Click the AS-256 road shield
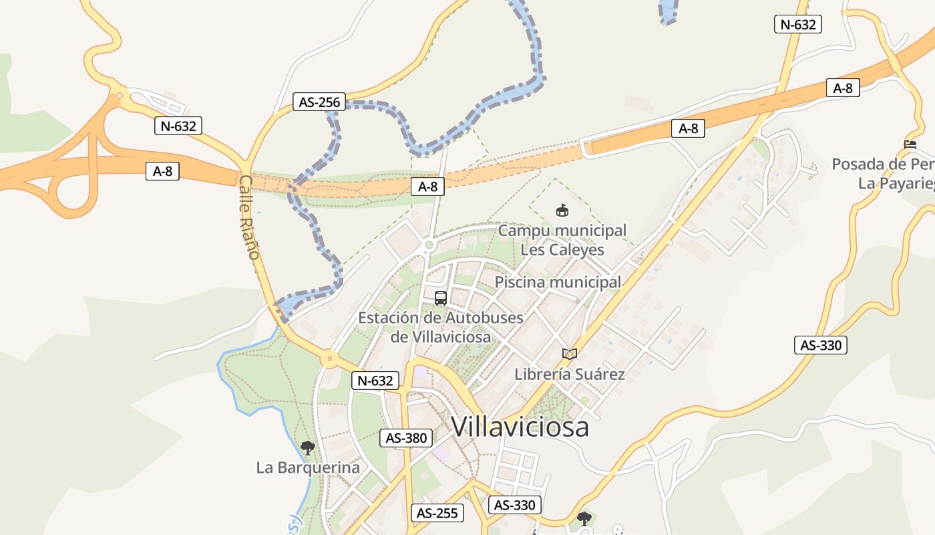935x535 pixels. [320, 102]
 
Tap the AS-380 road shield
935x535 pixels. [406, 438]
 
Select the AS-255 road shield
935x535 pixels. [437, 513]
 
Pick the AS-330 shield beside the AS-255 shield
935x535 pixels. [514, 505]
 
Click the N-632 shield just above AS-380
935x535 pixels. [375, 381]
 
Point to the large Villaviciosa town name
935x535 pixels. [520, 427]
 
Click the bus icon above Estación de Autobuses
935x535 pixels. [441, 298]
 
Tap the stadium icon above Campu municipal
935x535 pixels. [562, 211]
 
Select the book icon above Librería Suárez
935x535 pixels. [569, 354]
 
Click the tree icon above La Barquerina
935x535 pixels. [308, 447]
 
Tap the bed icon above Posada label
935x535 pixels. [910, 144]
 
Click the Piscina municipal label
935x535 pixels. [558, 282]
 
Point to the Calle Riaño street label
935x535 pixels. [248, 217]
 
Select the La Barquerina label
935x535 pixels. [308, 467]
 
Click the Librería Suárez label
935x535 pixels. [569, 374]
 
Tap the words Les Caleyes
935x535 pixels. [562, 250]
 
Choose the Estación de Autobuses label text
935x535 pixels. [441, 317]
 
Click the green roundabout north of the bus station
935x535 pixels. [429, 245]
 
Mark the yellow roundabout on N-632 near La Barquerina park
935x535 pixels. [329, 359]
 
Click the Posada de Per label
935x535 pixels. [882, 164]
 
